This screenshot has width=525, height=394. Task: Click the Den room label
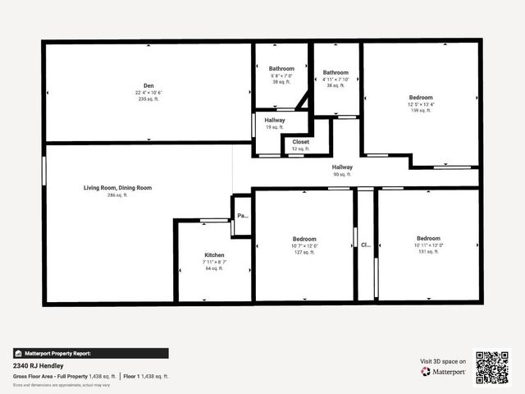(x=148, y=85)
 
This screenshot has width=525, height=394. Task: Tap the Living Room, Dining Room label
(x=117, y=188)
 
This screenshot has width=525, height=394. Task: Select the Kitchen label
(x=214, y=255)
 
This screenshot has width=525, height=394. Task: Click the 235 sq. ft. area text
(x=148, y=100)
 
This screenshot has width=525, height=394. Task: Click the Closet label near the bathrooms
(x=300, y=142)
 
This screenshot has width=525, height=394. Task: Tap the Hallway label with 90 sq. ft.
(x=342, y=167)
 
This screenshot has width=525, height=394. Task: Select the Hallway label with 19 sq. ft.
(x=275, y=121)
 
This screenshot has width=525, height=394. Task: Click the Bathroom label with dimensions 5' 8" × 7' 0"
(x=281, y=68)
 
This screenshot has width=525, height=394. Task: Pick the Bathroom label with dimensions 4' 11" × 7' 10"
(x=336, y=72)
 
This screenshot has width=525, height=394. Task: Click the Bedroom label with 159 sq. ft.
(x=422, y=97)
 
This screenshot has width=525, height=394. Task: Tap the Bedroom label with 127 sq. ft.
(x=303, y=239)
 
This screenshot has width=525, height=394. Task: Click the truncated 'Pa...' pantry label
(x=242, y=216)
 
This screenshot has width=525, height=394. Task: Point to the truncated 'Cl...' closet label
(x=365, y=245)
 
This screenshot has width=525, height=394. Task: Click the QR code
(x=492, y=367)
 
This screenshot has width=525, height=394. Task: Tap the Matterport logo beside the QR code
(x=444, y=372)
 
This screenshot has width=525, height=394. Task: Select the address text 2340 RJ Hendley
(x=38, y=365)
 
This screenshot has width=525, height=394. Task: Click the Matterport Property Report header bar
(x=91, y=353)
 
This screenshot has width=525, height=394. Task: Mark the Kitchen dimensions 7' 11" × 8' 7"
(x=214, y=262)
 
